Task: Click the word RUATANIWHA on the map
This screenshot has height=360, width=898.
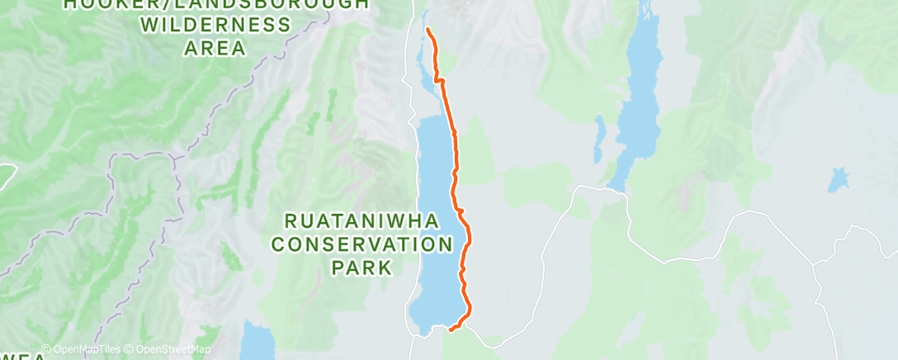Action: click(368, 221)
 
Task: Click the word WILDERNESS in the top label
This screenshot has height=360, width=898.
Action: click(215, 25)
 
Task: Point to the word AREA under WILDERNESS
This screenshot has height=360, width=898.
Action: click(215, 48)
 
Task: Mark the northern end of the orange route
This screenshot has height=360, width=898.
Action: click(428, 30)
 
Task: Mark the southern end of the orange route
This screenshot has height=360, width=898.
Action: click(451, 329)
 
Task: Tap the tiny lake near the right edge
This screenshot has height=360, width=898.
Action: click(839, 179)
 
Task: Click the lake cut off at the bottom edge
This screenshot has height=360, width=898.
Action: click(257, 342)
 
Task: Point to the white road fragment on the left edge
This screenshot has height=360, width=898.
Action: click(7, 173)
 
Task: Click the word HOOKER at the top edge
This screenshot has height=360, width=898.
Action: click(100, 4)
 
